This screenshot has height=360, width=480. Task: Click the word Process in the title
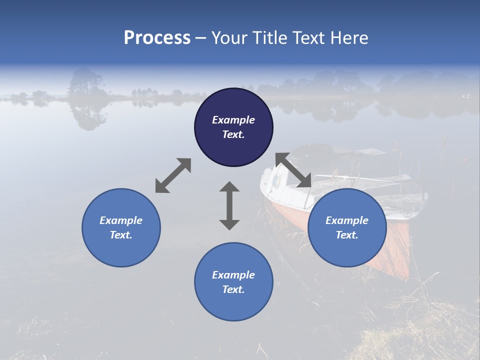coord(157,38)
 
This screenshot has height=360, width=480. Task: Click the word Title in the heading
coord(270,38)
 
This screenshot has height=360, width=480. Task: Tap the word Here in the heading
coord(350,38)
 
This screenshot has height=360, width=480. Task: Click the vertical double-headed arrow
coord(229,205)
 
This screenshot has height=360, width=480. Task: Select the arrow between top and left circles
coord(173,175)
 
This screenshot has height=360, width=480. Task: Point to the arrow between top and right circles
coord(293,170)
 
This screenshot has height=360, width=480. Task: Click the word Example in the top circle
coord(233,120)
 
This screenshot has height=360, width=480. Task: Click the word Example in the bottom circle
coord(233,275)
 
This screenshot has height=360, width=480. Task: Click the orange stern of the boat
coord(397,250)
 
